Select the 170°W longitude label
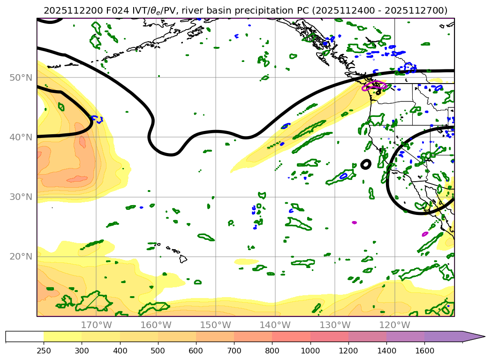[x=96, y=325]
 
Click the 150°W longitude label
[x=215, y=325]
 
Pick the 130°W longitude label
[x=335, y=325]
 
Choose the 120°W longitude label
[x=394, y=325]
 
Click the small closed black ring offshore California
[x=366, y=164]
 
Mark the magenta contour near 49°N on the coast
[x=375, y=85]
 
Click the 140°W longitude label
[x=275, y=325]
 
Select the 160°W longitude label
[x=156, y=325]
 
